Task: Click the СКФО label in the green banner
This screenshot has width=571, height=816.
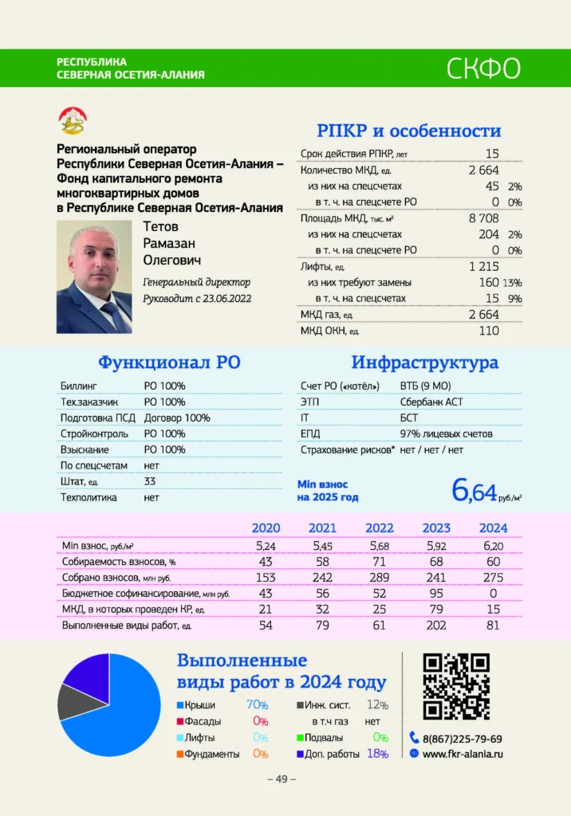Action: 484,69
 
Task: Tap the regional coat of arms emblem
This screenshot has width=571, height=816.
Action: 74,122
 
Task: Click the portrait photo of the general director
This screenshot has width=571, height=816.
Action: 94,277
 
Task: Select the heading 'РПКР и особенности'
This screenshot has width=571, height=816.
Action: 408,131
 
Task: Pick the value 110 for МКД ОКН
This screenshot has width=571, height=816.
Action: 489,330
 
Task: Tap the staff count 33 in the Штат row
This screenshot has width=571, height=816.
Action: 150,481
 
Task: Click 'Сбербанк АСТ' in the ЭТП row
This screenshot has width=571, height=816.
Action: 431,402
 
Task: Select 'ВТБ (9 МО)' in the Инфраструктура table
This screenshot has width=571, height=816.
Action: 426,386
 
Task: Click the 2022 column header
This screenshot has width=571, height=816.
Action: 380,528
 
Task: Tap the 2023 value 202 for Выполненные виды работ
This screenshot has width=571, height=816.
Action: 436,626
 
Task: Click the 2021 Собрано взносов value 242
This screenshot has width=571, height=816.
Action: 323,578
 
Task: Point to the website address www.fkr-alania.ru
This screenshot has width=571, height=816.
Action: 463,754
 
